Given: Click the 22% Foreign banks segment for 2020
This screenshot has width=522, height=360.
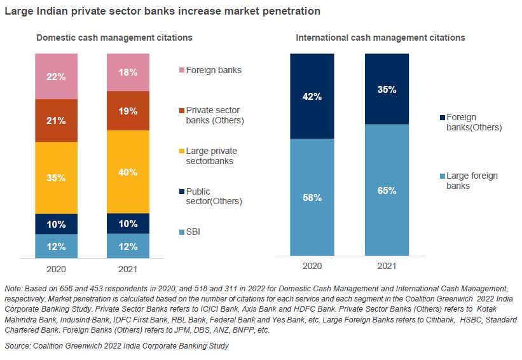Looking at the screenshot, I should pos(56,76).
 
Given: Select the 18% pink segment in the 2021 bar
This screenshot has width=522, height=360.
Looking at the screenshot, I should pos(128,73).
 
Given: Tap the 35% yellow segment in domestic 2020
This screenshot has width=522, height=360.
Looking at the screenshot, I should pos(56,177).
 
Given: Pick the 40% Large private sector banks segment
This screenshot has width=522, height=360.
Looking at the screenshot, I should pos(128,172).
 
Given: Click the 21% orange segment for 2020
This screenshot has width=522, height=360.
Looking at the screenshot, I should pos(56,120).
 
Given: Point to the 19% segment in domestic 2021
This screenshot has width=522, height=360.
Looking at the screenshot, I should pos(128,111).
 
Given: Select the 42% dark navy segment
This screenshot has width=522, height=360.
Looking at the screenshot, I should pos(312,97).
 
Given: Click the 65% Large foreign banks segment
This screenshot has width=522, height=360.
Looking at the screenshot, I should pos(387,190).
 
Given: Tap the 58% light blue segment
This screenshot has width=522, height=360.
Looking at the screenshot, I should pos(312,198).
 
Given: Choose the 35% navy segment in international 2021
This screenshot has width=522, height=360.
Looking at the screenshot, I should pos(387,89).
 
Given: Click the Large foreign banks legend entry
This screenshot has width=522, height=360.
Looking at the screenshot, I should pos(470,181).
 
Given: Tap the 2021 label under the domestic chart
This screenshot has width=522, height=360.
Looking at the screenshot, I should pos(128,267).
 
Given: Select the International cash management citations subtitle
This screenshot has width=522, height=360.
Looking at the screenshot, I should pos(380,38).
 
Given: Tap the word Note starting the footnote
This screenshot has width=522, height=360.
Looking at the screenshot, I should pos(13,289).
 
